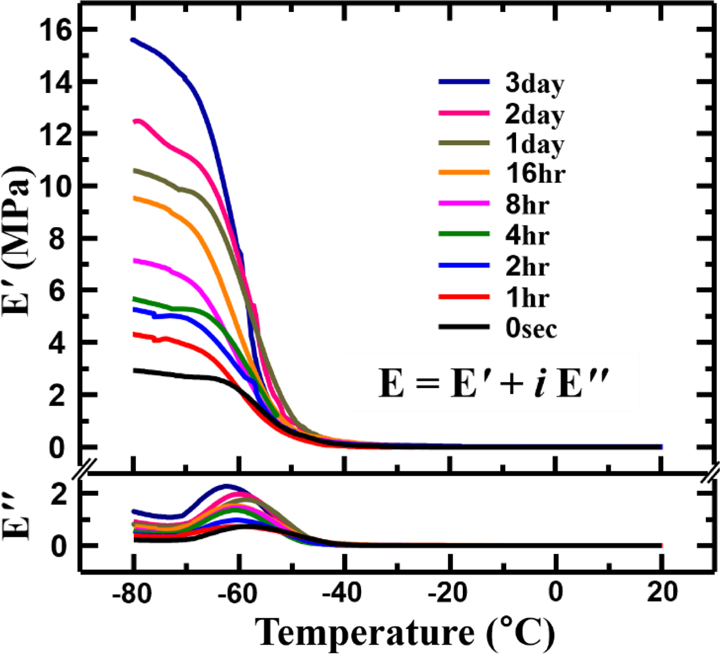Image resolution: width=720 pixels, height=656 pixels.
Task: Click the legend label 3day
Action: tap(534, 84)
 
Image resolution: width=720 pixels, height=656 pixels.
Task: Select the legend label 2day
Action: tap(534, 115)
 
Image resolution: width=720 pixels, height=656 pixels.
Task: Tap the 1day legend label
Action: tap(534, 144)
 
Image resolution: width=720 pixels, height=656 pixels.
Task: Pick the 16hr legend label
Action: tap(535, 173)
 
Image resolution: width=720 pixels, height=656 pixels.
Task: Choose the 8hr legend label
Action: tap(527, 204)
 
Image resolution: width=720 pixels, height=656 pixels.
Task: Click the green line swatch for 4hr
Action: tap(463, 234)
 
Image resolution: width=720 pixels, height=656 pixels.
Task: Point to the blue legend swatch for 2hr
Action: tap(463, 265)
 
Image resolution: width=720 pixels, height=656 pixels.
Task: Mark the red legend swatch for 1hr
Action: tap(463, 296)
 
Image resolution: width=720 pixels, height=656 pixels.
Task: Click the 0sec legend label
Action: tap(531, 328)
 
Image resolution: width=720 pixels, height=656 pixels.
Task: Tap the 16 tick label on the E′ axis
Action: tap(55, 30)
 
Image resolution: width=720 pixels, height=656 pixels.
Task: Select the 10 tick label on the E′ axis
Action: tap(55, 187)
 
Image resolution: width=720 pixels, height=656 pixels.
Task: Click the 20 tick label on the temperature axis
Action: tap(662, 594)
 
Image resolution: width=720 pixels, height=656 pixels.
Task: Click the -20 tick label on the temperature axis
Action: tap(450, 594)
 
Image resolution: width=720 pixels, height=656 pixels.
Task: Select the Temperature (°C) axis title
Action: tap(405, 633)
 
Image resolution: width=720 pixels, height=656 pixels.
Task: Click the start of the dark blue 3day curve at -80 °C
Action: tap(134, 40)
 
